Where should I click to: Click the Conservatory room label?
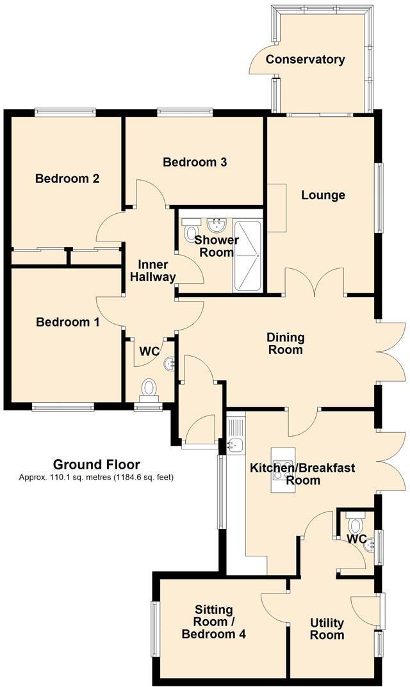point(305,60)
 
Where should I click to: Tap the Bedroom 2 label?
point(67,179)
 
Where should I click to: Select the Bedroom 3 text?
point(195,162)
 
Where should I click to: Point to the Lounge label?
point(323,195)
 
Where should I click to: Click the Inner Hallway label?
point(152,271)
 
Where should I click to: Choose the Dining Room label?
point(286,343)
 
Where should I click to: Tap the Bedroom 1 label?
point(67,323)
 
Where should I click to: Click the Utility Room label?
point(327,629)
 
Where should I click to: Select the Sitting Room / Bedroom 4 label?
point(213,622)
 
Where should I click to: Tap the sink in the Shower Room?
point(216,225)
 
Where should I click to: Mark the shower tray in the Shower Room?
point(247,256)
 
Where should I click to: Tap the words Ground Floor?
point(97,464)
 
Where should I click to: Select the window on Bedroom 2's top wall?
point(66,112)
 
